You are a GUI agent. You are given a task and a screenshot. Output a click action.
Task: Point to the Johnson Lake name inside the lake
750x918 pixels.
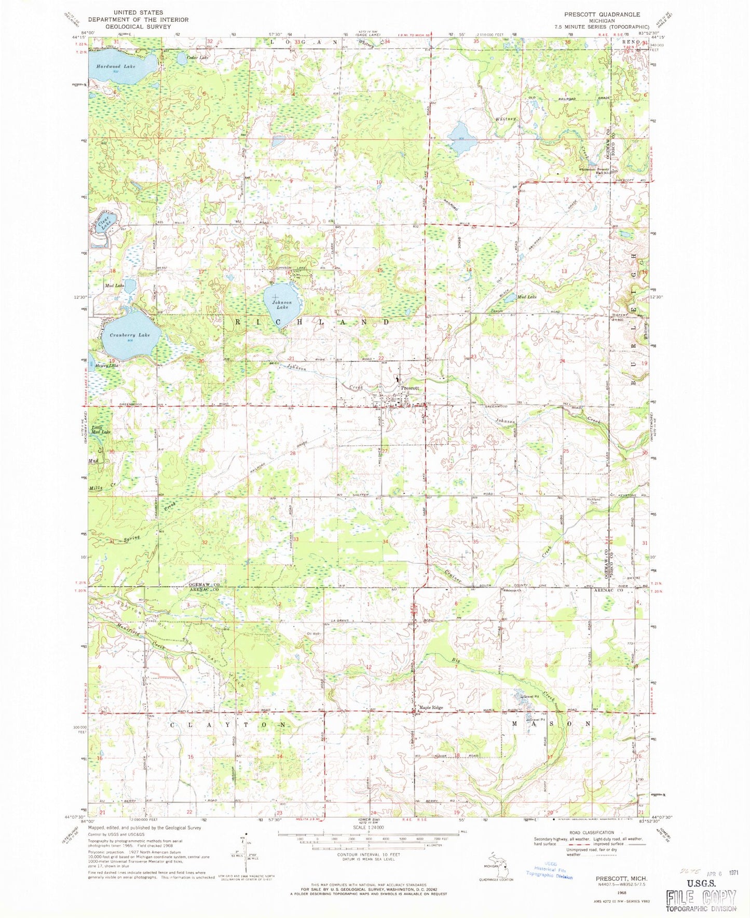pos(282,305)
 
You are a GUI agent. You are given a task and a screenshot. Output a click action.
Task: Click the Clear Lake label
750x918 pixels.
pos(105,224)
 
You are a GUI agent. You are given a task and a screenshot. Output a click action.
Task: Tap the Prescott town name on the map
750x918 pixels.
pos(410,388)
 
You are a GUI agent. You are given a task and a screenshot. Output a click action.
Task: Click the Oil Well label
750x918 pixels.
pos(313,633)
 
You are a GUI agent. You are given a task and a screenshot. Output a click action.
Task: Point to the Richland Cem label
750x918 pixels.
pos(593,501)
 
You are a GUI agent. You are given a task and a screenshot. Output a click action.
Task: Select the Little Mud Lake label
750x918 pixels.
pos(102,429)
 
